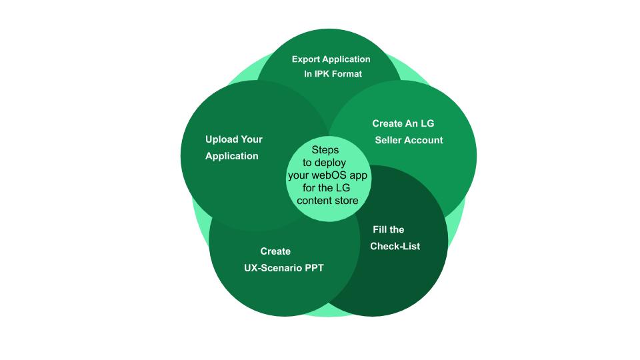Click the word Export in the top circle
tap(307, 59)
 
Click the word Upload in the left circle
tap(221, 139)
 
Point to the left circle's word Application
tap(231, 156)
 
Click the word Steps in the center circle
tap(325, 150)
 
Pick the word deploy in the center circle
tap(331, 163)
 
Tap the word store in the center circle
tap(345, 200)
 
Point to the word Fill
tap(379, 229)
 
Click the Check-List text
tap(395, 246)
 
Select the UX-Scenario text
tap(271, 268)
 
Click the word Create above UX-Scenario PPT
tap(275, 251)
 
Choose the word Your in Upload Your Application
tap(252, 139)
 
